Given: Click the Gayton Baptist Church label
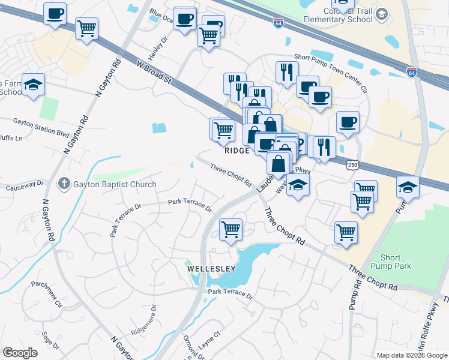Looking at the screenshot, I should [115, 185].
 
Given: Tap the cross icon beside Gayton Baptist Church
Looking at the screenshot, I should [64, 184].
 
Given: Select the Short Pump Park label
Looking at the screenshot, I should [395, 262].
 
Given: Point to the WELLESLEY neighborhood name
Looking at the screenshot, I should [210, 268].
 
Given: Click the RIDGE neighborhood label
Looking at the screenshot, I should [237, 151].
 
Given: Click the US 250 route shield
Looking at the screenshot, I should [353, 163].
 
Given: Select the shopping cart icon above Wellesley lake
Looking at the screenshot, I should [231, 229].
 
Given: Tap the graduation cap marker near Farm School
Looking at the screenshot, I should [34, 85].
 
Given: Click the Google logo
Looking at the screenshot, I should [20, 353].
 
